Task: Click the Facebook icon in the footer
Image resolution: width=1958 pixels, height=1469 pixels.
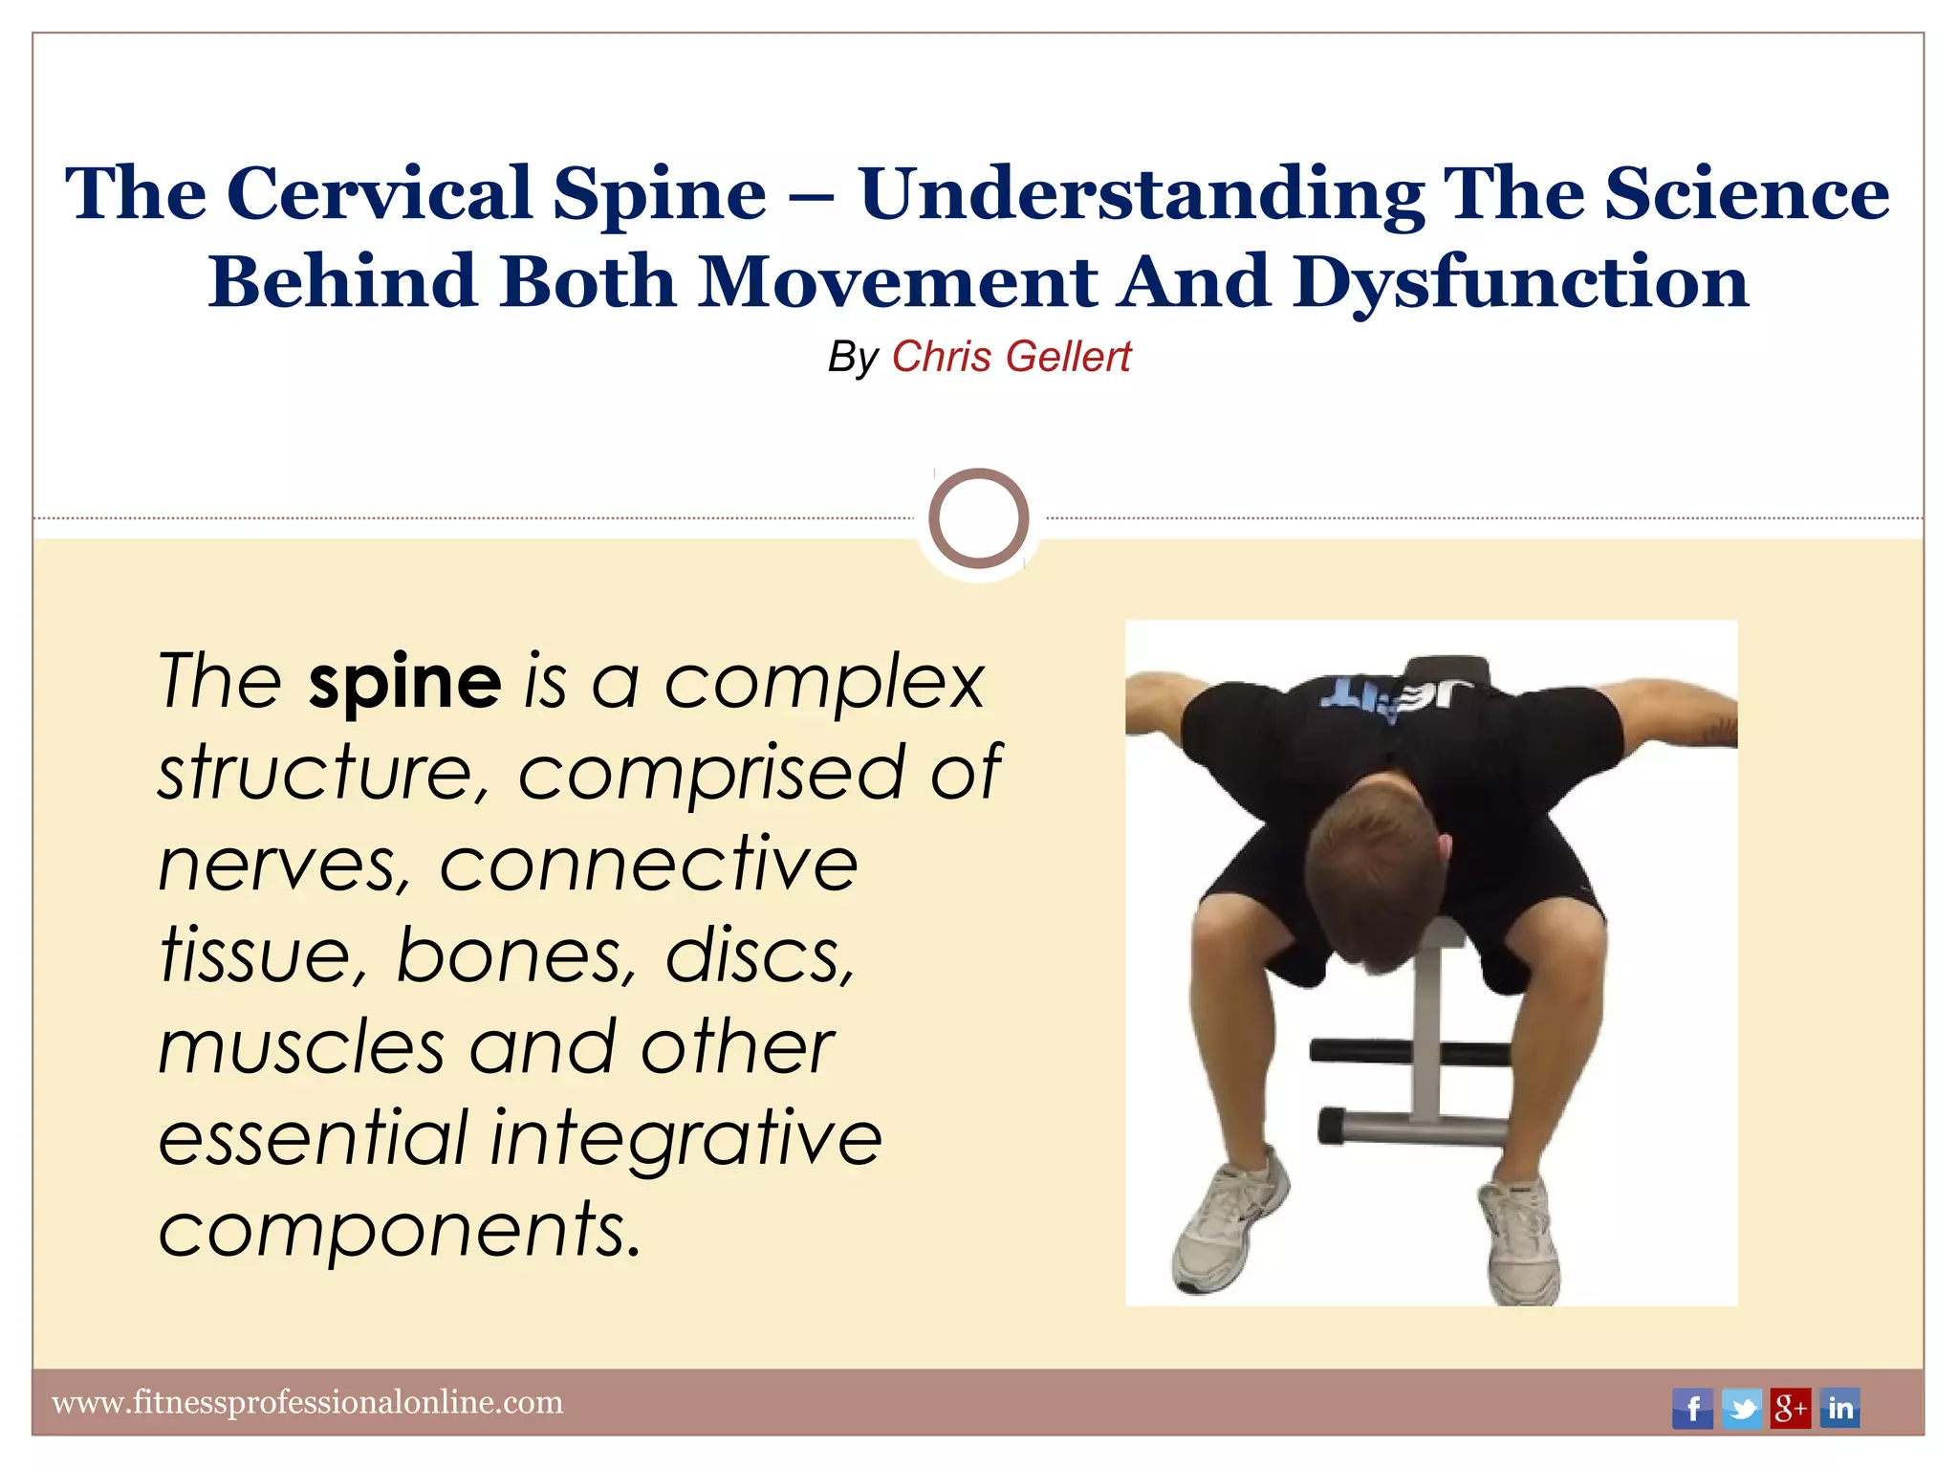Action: point(1692,1408)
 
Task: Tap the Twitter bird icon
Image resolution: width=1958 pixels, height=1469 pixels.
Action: point(1742,1408)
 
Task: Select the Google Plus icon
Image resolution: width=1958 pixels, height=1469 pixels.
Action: point(1791,1408)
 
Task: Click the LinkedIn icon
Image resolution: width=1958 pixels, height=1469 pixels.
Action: point(1839,1408)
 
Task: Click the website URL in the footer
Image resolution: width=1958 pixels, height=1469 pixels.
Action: point(307,1402)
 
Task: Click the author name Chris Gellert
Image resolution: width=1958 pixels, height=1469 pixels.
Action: point(1011,357)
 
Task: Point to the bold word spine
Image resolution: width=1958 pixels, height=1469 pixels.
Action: point(404,681)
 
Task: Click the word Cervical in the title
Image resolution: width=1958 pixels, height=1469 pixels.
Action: point(379,193)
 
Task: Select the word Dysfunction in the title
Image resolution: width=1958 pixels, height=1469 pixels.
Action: point(1520,282)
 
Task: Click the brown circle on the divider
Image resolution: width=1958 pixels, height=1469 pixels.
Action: point(978,517)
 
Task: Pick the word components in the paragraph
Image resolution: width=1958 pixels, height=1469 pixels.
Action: point(399,1230)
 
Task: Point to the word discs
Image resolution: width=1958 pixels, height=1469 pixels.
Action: point(759,955)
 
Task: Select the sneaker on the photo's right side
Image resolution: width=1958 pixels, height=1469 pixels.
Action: point(1520,1243)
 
